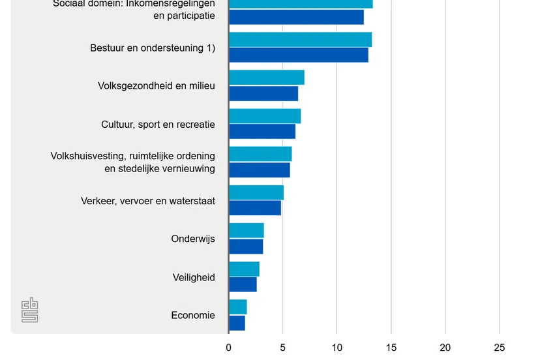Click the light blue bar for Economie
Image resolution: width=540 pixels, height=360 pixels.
click(238, 307)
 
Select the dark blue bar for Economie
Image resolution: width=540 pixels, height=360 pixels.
click(237, 323)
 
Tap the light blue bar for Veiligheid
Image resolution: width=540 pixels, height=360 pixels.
click(244, 269)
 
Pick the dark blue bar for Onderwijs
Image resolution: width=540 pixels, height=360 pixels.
click(246, 247)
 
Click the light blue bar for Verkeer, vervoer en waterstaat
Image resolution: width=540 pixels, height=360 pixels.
click(256, 192)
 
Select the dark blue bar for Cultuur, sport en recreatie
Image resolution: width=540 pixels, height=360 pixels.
click(262, 131)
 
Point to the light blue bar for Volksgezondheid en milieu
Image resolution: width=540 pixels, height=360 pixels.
click(267, 77)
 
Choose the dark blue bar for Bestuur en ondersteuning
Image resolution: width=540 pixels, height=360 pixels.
click(299, 55)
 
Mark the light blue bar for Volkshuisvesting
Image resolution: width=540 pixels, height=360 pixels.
click(260, 154)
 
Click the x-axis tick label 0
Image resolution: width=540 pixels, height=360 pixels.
click(229, 348)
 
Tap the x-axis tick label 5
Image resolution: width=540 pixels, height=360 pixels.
click(282, 348)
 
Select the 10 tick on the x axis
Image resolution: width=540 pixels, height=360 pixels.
click(337, 348)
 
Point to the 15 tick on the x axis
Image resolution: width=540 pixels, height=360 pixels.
click(391, 348)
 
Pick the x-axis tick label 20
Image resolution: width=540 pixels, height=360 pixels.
click(445, 348)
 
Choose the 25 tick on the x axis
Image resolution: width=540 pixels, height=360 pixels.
click(499, 348)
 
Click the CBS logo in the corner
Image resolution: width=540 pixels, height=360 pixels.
click(30, 310)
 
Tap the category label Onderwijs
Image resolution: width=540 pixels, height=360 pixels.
click(193, 239)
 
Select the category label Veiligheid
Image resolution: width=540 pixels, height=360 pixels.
click(194, 277)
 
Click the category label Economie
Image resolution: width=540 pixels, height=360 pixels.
click(193, 316)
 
